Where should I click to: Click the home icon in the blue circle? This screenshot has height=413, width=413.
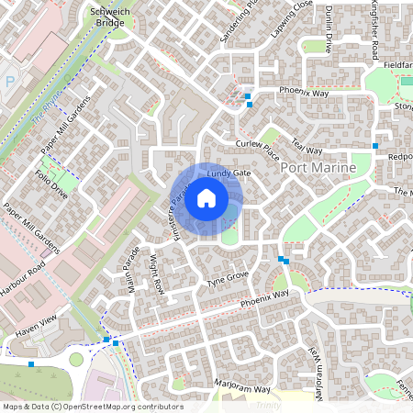coord(206,198)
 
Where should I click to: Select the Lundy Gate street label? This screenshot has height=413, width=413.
coord(229,173)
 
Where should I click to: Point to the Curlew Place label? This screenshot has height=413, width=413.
coord(256,151)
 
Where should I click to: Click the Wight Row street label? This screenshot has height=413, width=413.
coord(158,273)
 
